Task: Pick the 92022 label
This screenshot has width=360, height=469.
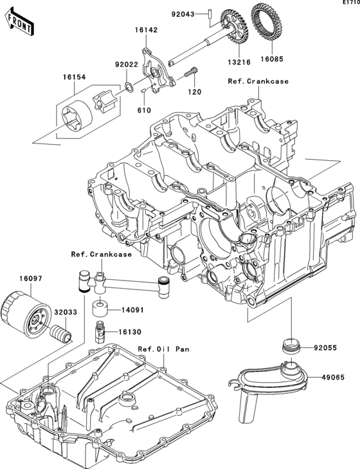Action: pyautogui.click(x=126, y=64)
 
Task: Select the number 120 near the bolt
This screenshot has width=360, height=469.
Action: pyautogui.click(x=194, y=92)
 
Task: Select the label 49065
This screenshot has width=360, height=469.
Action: pyautogui.click(x=326, y=378)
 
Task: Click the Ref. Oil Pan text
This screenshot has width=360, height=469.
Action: pyautogui.click(x=164, y=349)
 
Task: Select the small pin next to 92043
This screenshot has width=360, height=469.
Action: pyautogui.click(x=210, y=13)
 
